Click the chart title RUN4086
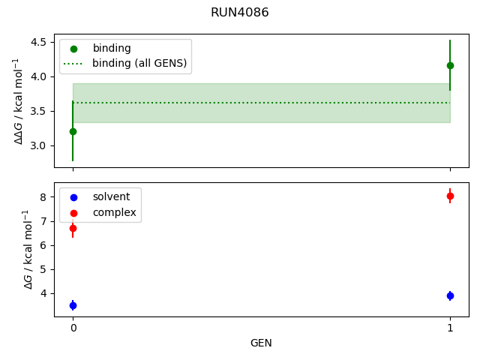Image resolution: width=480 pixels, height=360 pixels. tap(239, 13)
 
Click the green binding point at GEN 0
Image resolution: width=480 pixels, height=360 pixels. tap(73, 131)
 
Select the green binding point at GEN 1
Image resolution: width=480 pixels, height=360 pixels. tap(450, 65)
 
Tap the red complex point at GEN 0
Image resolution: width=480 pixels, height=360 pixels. tap(73, 228)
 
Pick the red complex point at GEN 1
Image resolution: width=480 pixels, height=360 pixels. tap(450, 196)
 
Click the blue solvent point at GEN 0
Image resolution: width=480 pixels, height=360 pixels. tap(73, 305)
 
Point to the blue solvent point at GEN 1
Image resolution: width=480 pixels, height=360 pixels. tap(450, 295)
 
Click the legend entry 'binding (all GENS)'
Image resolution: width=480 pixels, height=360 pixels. tap(139, 63)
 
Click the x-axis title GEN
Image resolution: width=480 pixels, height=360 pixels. tap(261, 343)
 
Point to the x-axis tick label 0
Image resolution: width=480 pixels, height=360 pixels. tap(73, 328)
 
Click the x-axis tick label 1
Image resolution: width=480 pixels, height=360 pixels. tap(450, 328)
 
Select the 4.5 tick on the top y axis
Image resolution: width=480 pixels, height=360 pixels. tap(38, 42)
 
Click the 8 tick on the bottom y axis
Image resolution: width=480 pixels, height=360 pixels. tap(43, 197)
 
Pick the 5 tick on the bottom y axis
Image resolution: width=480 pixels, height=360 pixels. tap(43, 269)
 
